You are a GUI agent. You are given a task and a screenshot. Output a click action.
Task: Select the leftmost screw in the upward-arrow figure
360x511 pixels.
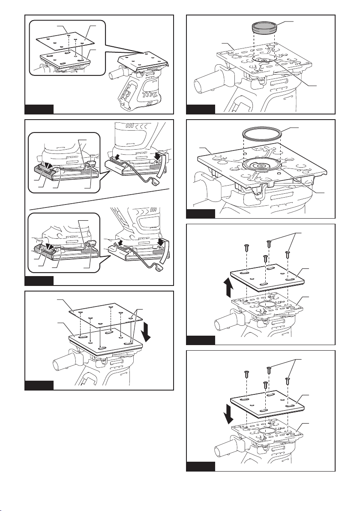click(246, 248)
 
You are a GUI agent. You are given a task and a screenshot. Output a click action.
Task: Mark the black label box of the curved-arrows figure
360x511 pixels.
click(39, 281)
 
